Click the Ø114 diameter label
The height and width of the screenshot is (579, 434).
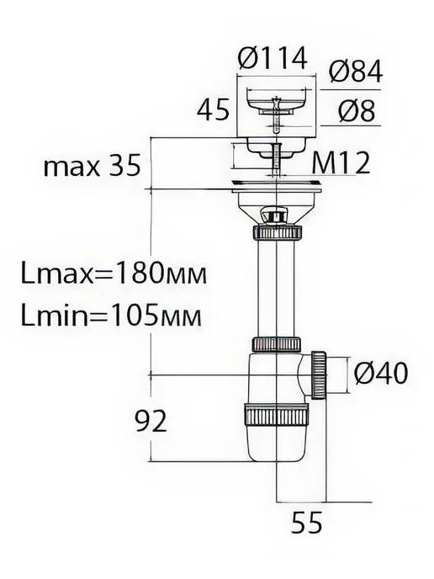pos(273,59)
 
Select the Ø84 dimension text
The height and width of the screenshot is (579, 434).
pos(356,72)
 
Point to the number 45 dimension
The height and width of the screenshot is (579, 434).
pos(213,110)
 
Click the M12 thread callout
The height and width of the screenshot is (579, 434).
pos(341,163)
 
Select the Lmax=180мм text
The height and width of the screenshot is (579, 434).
pos(114,274)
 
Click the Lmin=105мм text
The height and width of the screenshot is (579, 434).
pos(112,316)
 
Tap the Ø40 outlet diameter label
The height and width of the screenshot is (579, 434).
pos(381,373)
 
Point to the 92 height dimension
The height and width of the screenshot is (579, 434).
pos(151,422)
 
